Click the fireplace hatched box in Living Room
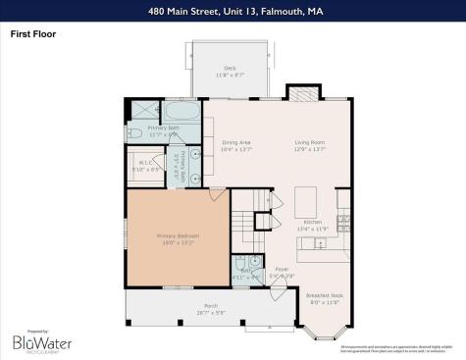(x=297, y=92)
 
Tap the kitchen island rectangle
(x=304, y=202)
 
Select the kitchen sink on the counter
(x=342, y=221)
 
